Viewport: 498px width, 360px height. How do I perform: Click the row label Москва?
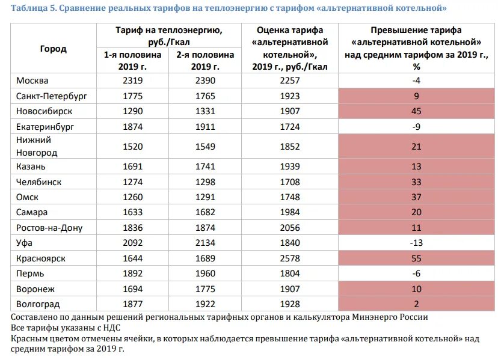point(32,81)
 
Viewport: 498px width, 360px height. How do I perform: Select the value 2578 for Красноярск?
point(289,258)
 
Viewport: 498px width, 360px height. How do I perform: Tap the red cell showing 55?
point(416,258)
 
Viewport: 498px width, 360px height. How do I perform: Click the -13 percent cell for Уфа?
point(416,243)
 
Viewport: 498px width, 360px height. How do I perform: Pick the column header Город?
point(54,49)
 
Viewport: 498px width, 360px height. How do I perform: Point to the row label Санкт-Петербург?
point(52,96)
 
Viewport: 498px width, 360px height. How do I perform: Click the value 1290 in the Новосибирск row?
point(132,111)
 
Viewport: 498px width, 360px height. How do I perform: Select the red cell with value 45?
point(416,111)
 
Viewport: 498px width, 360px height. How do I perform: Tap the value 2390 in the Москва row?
point(204,81)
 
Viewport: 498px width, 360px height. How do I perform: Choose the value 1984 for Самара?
point(289,212)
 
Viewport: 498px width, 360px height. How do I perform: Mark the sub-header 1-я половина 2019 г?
point(132,60)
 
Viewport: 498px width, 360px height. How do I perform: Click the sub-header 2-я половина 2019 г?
point(204,60)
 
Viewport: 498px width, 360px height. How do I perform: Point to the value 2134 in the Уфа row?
point(204,243)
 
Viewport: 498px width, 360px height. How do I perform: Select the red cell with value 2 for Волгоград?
point(416,304)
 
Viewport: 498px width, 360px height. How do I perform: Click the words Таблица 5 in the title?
point(33,8)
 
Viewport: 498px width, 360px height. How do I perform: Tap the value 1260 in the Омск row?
point(132,197)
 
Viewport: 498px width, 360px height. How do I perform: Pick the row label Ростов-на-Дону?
point(49,228)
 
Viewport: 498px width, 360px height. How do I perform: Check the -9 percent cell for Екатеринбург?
point(416,126)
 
